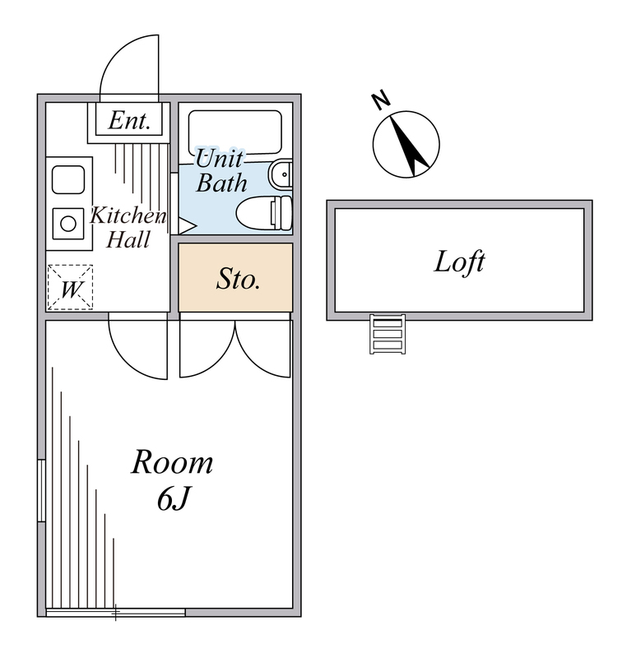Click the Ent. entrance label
pos(129,121)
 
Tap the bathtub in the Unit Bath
pos(235,132)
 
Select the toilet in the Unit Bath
pos(264,212)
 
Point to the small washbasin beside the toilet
pos(281,174)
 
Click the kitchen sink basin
pos(68,179)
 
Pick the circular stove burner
pos(68,224)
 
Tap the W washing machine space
pos(70,287)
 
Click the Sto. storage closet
pos(235,277)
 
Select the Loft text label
pos(459,262)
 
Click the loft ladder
pos(388,334)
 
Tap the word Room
pos(172,462)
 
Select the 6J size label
pos(174,498)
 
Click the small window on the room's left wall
pos(41,490)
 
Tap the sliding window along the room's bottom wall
pos(115,613)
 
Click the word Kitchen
pos(128,216)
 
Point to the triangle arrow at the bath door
pos(188,225)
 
